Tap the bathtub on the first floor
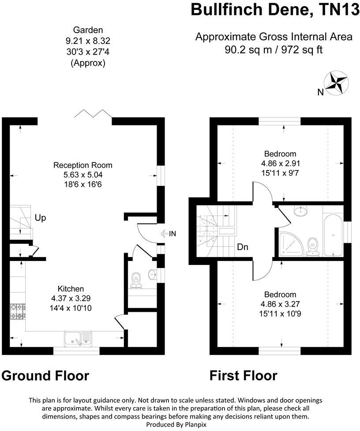tap(331, 229)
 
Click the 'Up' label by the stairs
tap(40, 218)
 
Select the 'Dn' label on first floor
tap(242, 247)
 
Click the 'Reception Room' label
tap(83, 165)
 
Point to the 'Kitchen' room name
tap(71, 289)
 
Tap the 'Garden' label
tap(88, 30)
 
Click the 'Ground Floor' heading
tap(45, 376)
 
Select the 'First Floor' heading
tap(243, 376)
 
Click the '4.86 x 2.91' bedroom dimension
tap(280, 163)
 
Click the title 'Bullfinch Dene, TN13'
tap(274, 10)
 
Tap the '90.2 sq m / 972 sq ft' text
tap(274, 49)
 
